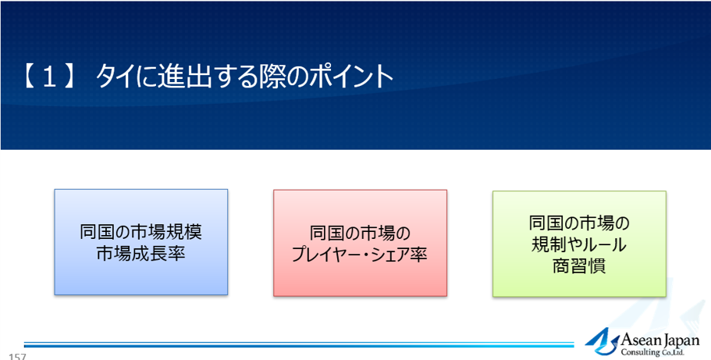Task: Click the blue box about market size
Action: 141,242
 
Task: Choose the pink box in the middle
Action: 360,243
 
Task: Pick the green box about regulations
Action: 579,244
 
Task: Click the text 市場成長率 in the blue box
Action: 141,254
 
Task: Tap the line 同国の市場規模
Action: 141,232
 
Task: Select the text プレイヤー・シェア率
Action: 360,255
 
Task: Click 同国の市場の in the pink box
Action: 360,233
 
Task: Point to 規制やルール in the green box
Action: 579,245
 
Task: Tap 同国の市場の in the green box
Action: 579,223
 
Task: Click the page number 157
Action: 16,356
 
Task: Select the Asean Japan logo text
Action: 659,340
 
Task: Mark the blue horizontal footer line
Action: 299,345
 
